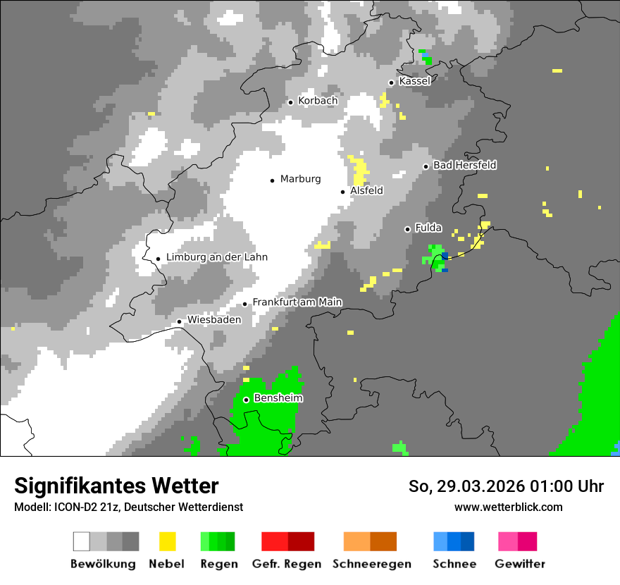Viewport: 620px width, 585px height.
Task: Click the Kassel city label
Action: click(414, 81)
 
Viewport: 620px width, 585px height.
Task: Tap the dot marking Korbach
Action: click(290, 102)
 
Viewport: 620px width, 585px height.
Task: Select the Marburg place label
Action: click(300, 179)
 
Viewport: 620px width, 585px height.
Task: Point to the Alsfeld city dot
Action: click(343, 192)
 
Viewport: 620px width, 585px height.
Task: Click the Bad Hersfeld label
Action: click(464, 165)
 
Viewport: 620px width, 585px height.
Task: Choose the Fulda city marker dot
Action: click(407, 229)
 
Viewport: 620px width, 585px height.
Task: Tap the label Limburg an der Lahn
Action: click(216, 257)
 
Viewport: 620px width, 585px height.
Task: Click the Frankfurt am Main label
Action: click(297, 302)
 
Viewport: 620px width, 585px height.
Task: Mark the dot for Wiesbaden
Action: click(180, 321)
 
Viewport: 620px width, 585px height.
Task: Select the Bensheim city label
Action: click(278, 398)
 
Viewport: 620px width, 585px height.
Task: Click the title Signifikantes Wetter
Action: click(116, 486)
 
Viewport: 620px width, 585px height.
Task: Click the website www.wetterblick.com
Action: click(509, 507)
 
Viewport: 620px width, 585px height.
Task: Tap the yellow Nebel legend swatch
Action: click(167, 541)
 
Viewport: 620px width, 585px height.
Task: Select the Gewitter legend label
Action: click(520, 564)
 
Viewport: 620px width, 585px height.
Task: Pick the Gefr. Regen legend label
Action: click(287, 564)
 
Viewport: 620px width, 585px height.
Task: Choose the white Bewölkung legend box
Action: click(82, 541)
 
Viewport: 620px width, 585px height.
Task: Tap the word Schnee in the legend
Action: click(454, 564)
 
